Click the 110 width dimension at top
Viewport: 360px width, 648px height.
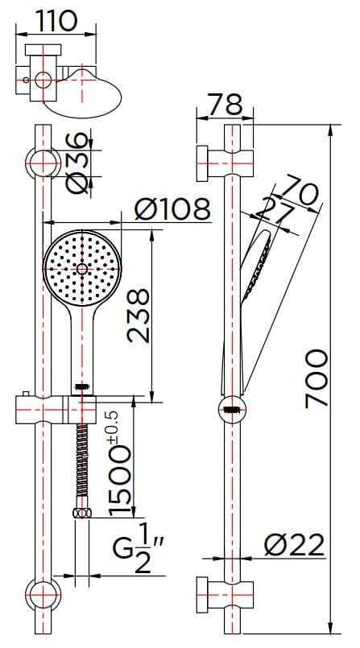click(x=56, y=20)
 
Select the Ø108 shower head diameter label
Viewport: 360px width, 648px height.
click(x=171, y=209)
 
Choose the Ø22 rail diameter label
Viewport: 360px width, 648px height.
click(x=294, y=545)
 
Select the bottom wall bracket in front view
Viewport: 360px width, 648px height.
click(x=42, y=595)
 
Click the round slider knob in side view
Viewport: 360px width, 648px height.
click(x=231, y=409)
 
